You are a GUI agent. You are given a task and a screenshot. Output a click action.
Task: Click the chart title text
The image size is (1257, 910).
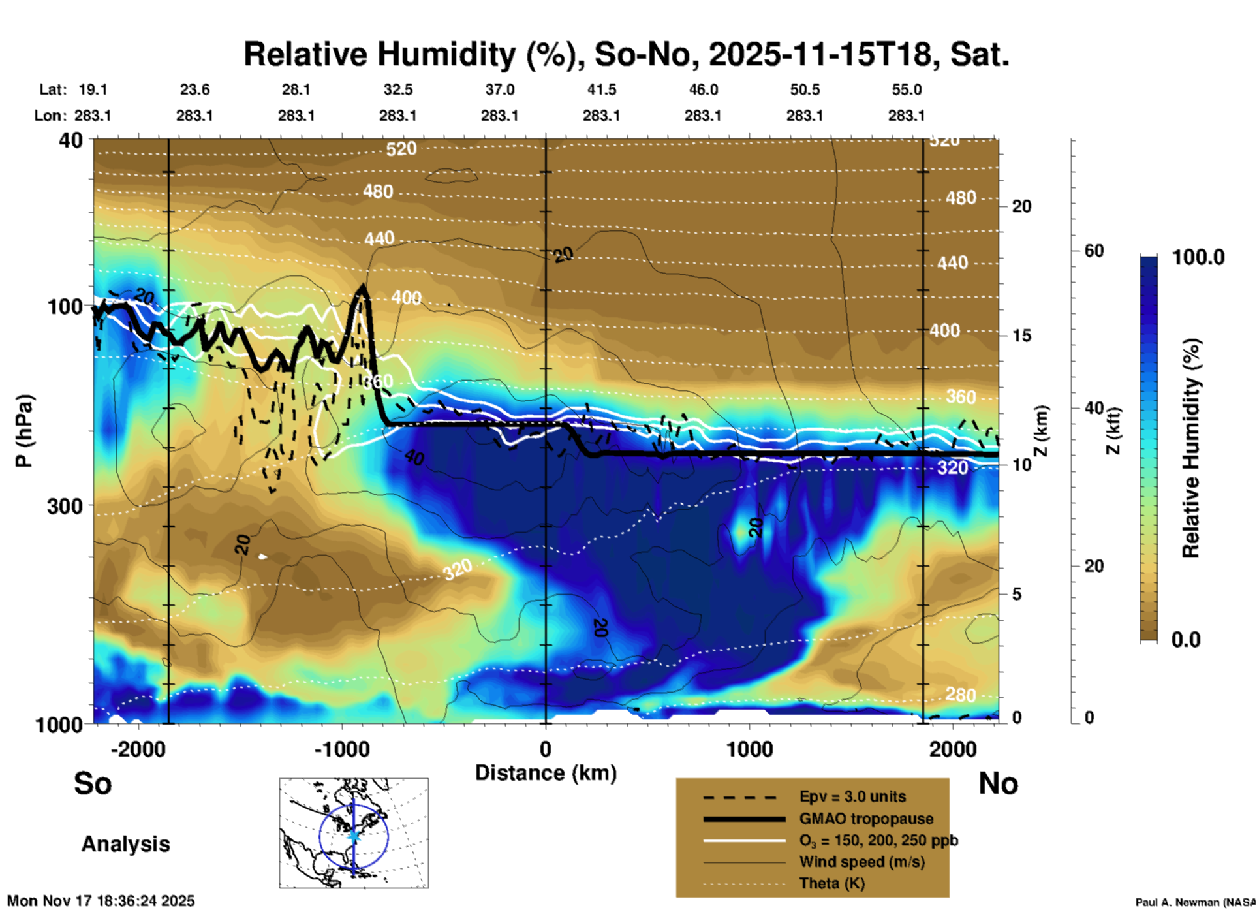point(626,54)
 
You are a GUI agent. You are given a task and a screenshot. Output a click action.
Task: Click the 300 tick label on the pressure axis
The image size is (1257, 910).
point(65,506)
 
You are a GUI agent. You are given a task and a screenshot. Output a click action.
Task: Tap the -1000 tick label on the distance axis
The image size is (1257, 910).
point(341,749)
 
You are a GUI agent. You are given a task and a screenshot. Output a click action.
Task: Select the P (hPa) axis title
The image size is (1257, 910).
point(24,431)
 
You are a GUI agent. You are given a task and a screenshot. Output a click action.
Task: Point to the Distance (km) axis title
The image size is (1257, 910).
point(546,773)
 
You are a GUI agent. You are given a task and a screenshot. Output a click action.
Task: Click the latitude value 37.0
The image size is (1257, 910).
point(499,89)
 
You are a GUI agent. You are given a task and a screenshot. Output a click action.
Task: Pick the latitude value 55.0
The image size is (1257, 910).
point(907,89)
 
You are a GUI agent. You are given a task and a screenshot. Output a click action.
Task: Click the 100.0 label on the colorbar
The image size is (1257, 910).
point(1198,257)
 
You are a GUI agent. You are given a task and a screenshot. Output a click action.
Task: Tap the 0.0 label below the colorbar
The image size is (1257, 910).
point(1186,639)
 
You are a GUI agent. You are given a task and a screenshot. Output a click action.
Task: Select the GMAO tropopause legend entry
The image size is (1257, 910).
point(866,819)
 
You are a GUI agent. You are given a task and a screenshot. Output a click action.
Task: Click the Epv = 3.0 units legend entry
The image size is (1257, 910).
point(852,797)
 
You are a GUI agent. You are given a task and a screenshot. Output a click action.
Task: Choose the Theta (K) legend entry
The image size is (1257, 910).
point(831,883)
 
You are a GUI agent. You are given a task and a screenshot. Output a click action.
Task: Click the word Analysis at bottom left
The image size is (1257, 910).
point(125,844)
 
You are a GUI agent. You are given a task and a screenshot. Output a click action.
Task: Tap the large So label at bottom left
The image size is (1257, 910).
point(93,783)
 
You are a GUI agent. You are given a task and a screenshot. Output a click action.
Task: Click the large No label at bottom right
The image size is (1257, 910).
point(998,783)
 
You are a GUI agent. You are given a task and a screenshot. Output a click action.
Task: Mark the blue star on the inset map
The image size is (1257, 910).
point(354,836)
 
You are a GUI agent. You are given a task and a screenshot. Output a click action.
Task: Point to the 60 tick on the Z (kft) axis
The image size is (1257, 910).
point(1094,251)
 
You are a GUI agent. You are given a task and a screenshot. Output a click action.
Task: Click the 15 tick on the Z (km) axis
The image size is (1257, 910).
point(1021,336)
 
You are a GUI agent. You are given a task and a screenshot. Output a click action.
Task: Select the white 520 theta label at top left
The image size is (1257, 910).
point(401,149)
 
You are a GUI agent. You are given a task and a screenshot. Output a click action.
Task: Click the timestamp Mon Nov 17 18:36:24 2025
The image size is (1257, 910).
point(101,901)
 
